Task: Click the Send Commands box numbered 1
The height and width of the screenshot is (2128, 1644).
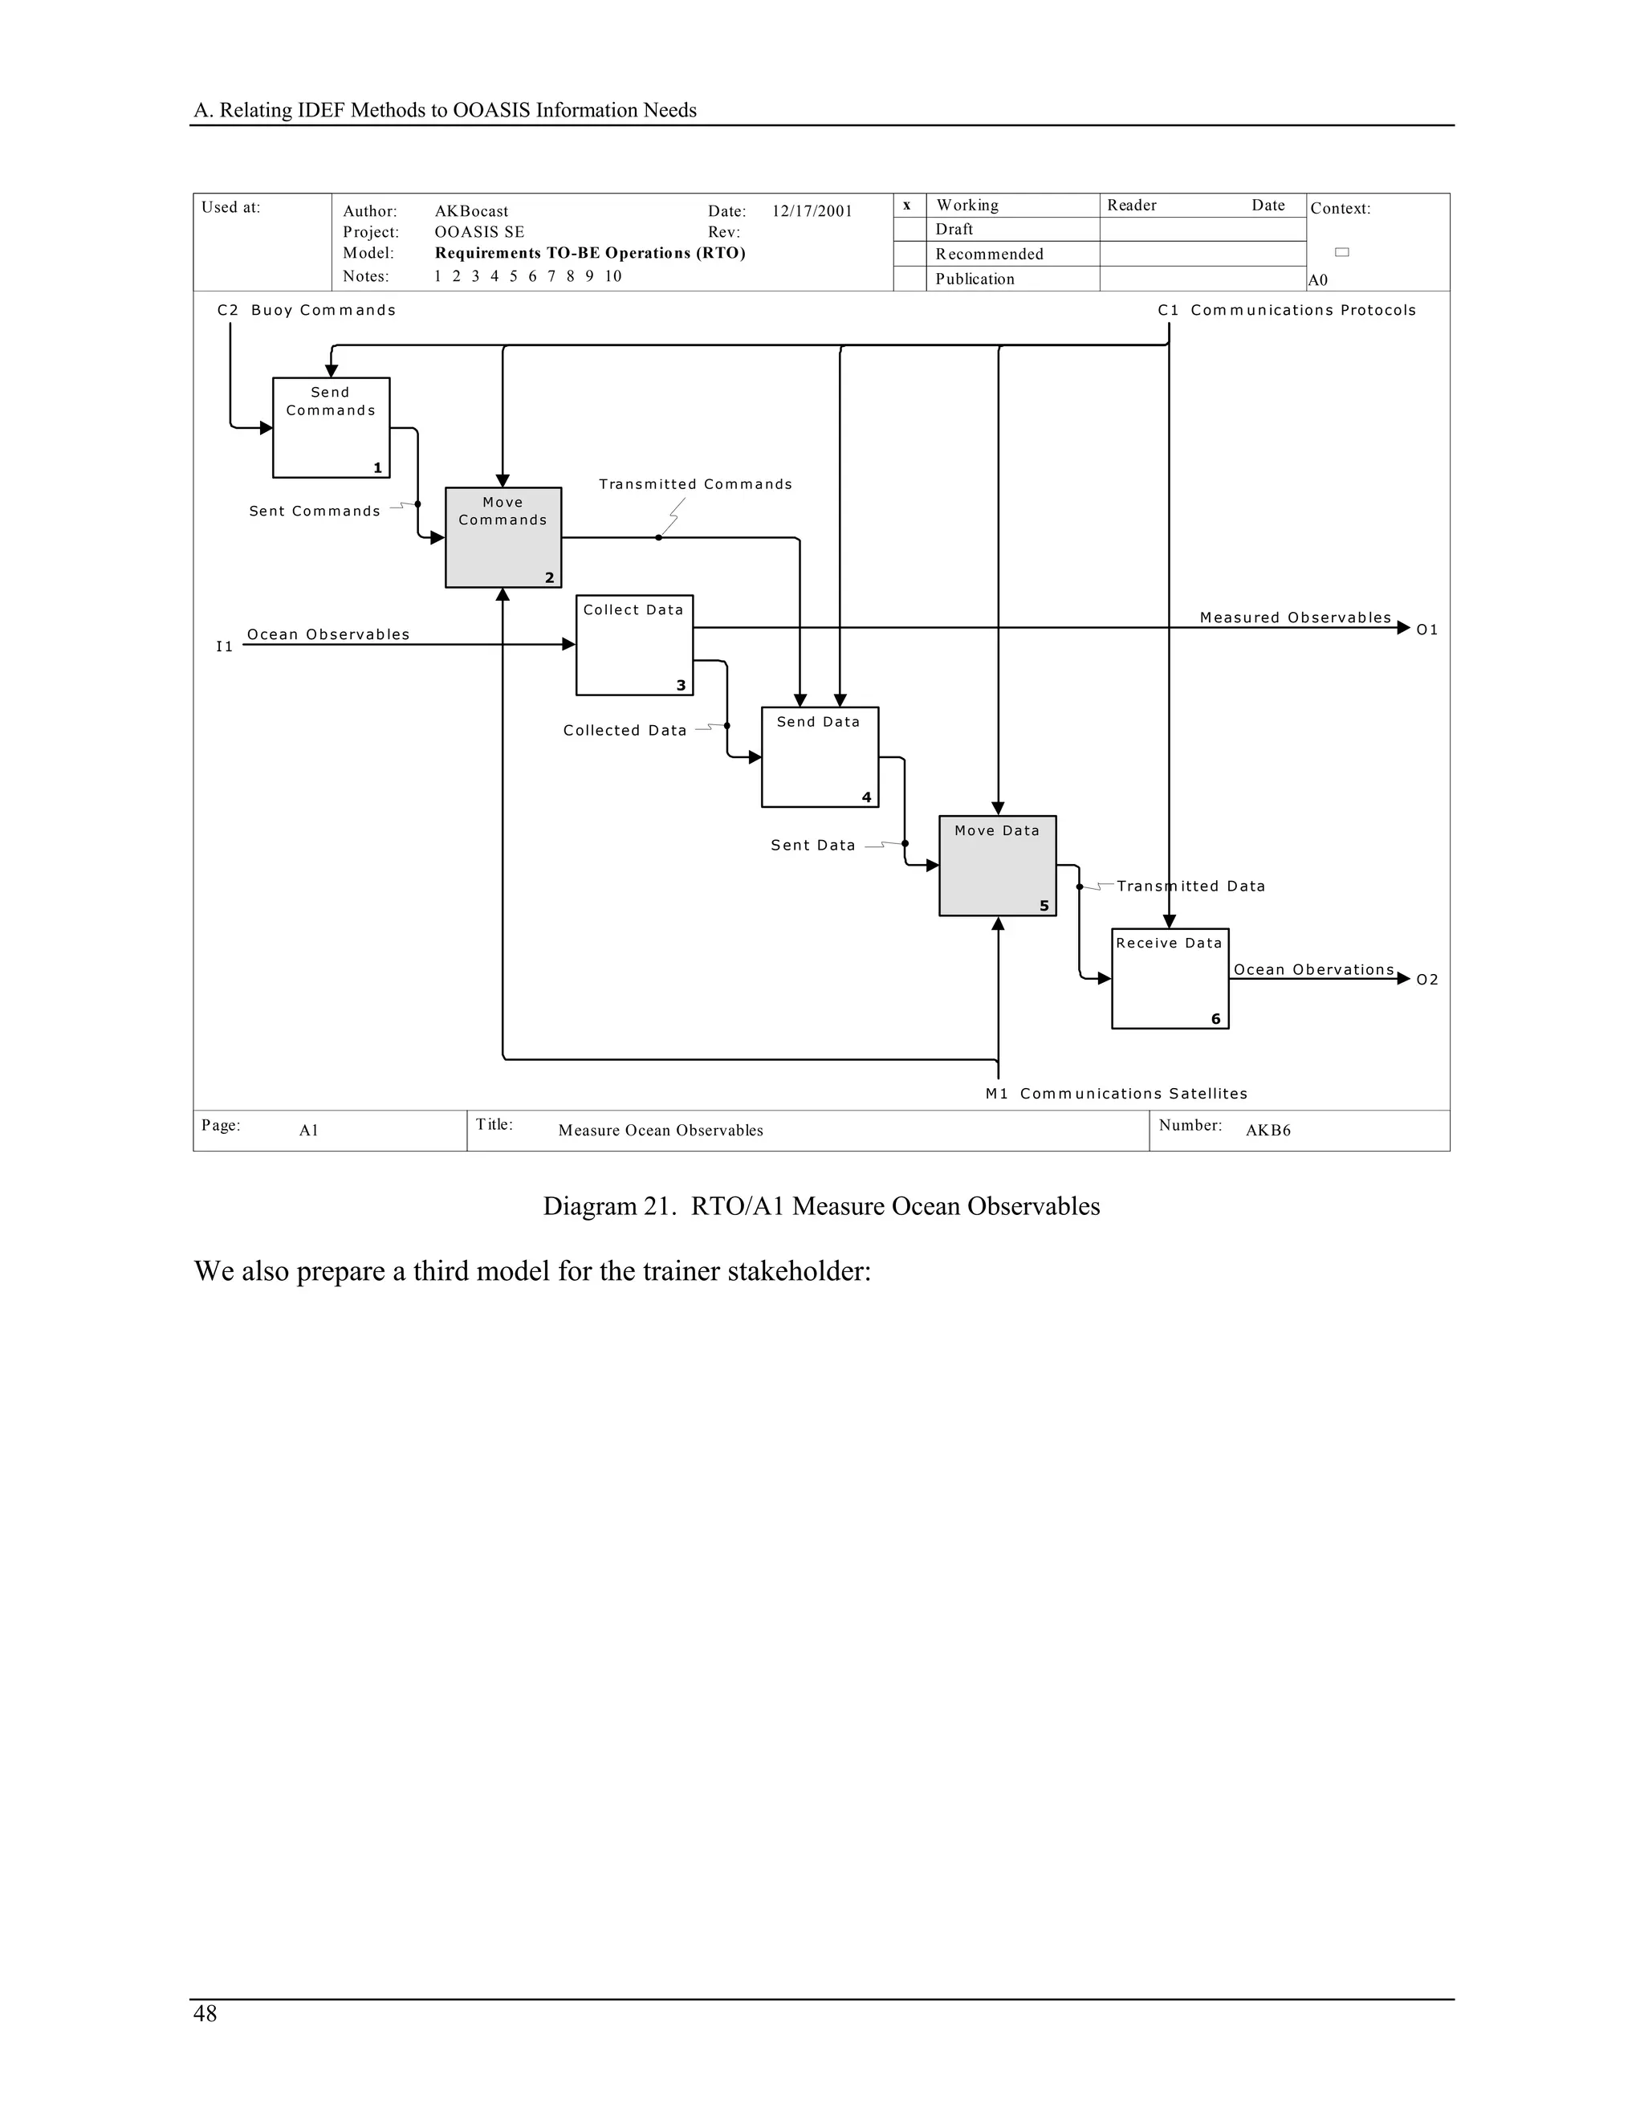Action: point(332,428)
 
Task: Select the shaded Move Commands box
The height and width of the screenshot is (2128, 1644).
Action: point(503,538)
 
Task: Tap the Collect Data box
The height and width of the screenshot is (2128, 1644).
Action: point(634,645)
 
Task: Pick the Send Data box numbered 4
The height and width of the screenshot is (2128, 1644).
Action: point(819,757)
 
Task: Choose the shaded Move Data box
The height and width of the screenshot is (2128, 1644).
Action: point(996,865)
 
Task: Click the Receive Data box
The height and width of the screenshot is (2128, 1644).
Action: point(1170,978)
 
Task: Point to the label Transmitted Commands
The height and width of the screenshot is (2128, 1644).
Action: point(695,484)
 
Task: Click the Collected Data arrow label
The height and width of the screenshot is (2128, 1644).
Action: point(625,730)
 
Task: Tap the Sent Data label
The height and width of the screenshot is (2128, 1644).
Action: point(812,845)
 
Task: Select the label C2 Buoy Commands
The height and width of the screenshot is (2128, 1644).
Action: point(306,310)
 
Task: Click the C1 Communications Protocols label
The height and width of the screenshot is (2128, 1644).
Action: point(1286,310)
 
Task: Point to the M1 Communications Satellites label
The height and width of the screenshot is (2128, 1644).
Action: point(1116,1093)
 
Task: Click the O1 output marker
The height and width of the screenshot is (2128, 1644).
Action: point(1426,630)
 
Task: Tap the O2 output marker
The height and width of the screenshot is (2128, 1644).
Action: point(1426,979)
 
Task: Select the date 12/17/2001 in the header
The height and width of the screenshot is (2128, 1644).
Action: point(812,211)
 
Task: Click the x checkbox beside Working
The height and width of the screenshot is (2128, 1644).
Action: point(907,205)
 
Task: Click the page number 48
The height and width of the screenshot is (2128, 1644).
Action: point(205,2013)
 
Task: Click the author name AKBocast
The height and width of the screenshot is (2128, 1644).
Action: point(470,211)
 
